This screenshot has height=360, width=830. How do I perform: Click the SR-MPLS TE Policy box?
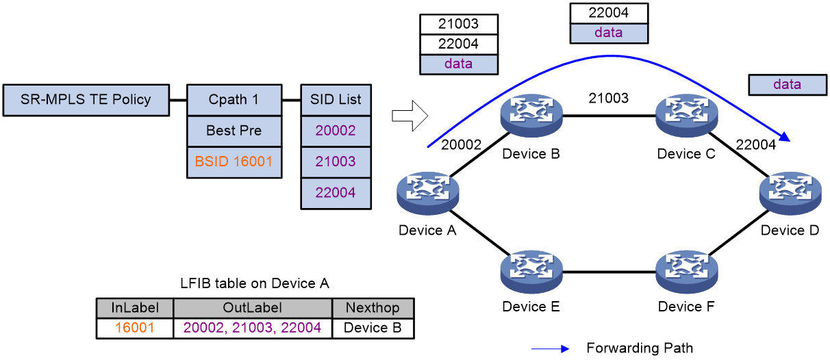pos(86,100)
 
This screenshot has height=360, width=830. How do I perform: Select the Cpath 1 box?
pos(234,100)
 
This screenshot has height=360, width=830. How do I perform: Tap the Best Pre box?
pos(234,131)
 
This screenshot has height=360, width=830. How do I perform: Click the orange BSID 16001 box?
pos(234,162)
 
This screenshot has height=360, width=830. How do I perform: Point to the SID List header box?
pos(336,100)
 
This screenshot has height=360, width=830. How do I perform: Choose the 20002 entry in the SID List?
pos(336,131)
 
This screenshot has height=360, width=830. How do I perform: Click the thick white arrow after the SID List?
pos(410,116)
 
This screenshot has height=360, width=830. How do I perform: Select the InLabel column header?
pos(135,308)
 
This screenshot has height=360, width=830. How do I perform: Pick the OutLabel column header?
pos(253,308)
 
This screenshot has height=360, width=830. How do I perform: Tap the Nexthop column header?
pos(373,308)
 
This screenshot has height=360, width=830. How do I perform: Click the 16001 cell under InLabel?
pos(135,329)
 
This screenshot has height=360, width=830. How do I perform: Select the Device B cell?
pos(373,329)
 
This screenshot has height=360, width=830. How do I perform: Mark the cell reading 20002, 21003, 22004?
pos(253,329)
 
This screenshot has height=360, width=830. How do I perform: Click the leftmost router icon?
pos(428,192)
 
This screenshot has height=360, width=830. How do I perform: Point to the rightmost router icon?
pos(790,192)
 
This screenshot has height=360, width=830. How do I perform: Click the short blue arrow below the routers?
pos(551,349)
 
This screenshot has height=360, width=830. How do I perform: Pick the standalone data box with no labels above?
pos(787,85)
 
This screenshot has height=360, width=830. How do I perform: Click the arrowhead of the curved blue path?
pos(786,140)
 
